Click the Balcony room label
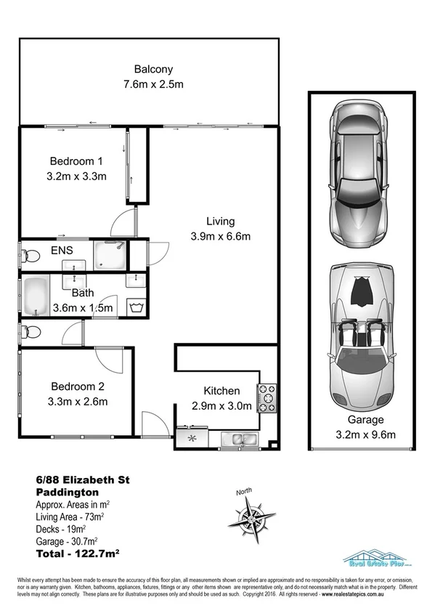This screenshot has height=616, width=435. pyautogui.click(x=153, y=70)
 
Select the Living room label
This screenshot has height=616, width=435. pyautogui.click(x=220, y=222)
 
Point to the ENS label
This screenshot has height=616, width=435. pyautogui.click(x=61, y=251)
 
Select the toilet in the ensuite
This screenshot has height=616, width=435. pyautogui.click(x=30, y=255)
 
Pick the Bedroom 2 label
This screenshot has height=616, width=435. pyautogui.click(x=78, y=386)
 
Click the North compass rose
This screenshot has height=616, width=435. pyautogui.click(x=251, y=518)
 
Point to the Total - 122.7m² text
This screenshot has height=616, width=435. pyautogui.click(x=78, y=554)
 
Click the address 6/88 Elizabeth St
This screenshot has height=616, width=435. pyautogui.click(x=82, y=479)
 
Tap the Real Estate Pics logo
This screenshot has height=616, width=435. pyautogui.click(x=377, y=557)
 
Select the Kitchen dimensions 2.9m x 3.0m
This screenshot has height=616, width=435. pyautogui.click(x=221, y=405)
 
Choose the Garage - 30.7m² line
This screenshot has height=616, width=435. pyautogui.click(x=69, y=541)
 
